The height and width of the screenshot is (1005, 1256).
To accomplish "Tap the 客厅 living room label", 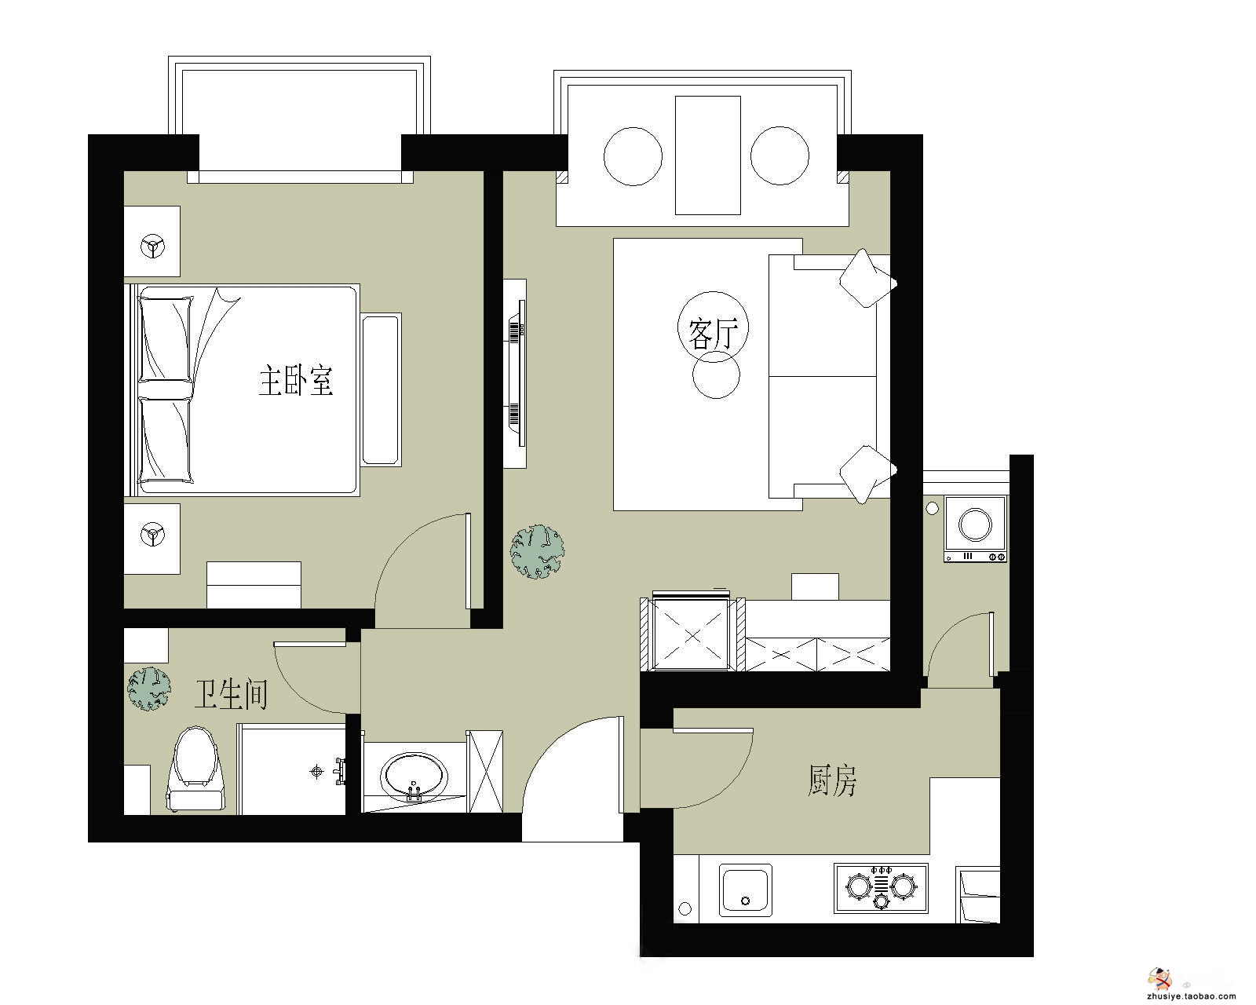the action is click(x=713, y=334).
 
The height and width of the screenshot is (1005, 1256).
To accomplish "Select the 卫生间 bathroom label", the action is click(x=231, y=694).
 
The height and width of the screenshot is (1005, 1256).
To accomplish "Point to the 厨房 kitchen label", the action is click(x=831, y=780).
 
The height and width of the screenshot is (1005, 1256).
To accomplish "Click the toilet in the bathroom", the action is click(x=196, y=769).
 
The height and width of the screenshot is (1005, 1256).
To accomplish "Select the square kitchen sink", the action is click(x=745, y=890).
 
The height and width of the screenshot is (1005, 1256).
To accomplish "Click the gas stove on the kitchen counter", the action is click(x=881, y=888).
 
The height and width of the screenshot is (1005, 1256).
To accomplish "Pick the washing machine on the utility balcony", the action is click(x=975, y=529).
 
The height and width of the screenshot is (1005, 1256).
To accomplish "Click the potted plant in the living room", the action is click(x=537, y=551).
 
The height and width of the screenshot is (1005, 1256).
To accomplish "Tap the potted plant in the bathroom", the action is click(x=149, y=689).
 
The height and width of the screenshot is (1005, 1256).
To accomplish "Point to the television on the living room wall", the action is click(x=517, y=373).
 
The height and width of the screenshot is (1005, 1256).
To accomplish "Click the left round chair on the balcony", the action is click(x=633, y=156).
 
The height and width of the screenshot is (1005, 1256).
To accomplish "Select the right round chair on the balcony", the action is click(x=780, y=155).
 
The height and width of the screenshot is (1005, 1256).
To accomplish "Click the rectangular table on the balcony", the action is click(x=708, y=155).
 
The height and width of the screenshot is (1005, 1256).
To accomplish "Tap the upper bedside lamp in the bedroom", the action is click(x=152, y=247).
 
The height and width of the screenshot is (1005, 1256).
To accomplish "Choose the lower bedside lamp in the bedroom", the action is click(x=152, y=534).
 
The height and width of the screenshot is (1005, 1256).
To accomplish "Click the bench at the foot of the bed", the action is click(x=382, y=389).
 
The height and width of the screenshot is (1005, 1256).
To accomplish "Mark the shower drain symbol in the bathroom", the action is click(x=317, y=772).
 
